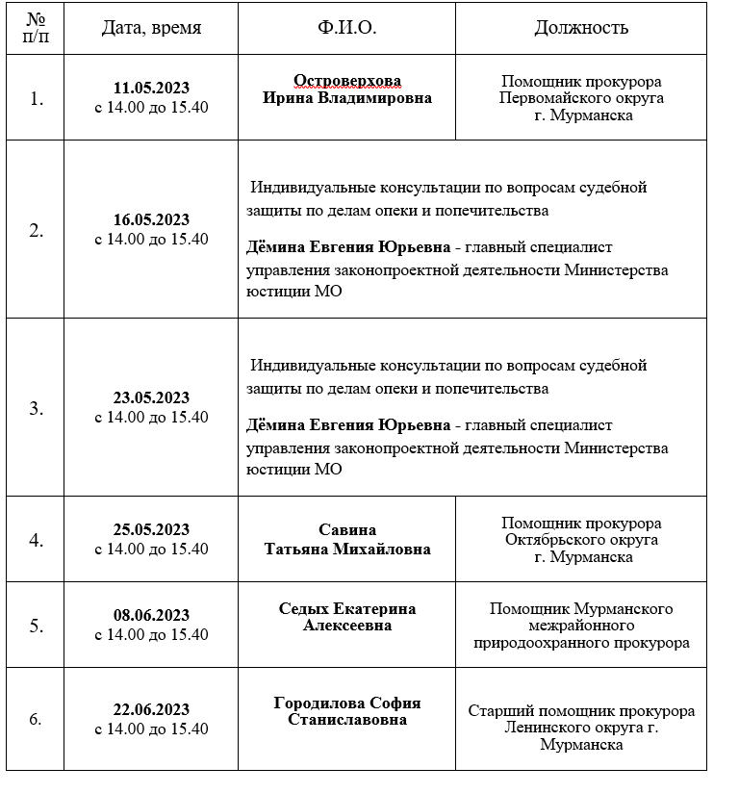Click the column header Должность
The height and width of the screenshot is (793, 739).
click(x=581, y=28)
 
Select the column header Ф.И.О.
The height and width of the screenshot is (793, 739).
click(x=346, y=28)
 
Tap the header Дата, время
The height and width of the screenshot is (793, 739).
click(x=151, y=28)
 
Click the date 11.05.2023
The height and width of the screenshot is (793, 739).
click(x=151, y=89)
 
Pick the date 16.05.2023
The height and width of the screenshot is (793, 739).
click(x=151, y=220)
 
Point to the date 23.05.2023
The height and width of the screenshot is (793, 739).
click(x=151, y=398)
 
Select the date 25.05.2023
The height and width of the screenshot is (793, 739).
click(x=151, y=530)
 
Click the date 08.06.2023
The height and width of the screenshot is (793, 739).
click(x=151, y=616)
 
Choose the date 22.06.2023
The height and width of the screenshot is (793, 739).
click(x=151, y=710)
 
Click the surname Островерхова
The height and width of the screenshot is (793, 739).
click(x=346, y=81)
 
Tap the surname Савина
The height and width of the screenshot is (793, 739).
click(x=346, y=530)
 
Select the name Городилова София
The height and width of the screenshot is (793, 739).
click(x=346, y=703)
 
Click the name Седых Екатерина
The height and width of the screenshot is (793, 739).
click(x=346, y=609)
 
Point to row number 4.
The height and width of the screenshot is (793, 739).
click(x=37, y=540)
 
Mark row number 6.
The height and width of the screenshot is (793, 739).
click(x=37, y=719)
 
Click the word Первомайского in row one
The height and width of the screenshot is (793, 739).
click(x=581, y=98)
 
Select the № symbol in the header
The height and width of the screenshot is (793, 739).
click(x=36, y=19)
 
